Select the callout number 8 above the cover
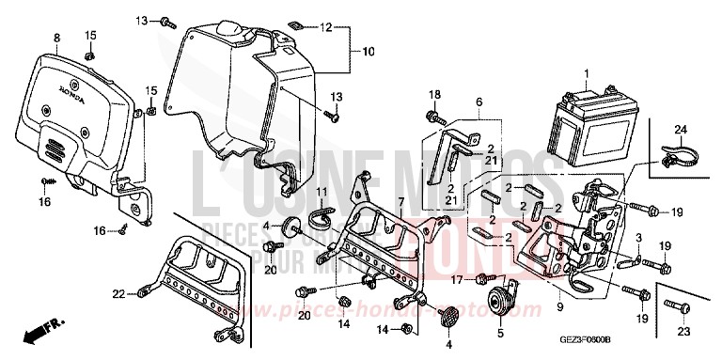coord(56,38)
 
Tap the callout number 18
coord(435,95)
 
